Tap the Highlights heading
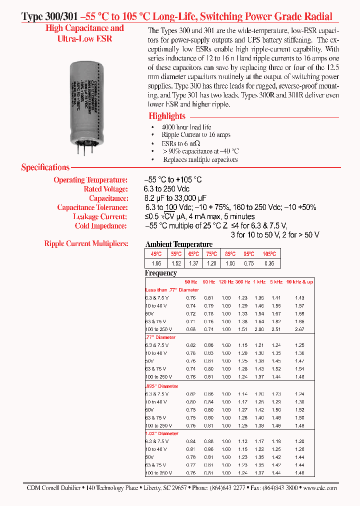167,116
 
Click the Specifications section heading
45,167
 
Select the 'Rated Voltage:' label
105,189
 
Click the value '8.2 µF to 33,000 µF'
175,198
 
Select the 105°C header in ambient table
269,254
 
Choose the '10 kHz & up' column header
299,282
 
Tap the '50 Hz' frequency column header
190,282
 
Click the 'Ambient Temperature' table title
178,244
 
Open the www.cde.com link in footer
320,488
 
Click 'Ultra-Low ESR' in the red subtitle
84,38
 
